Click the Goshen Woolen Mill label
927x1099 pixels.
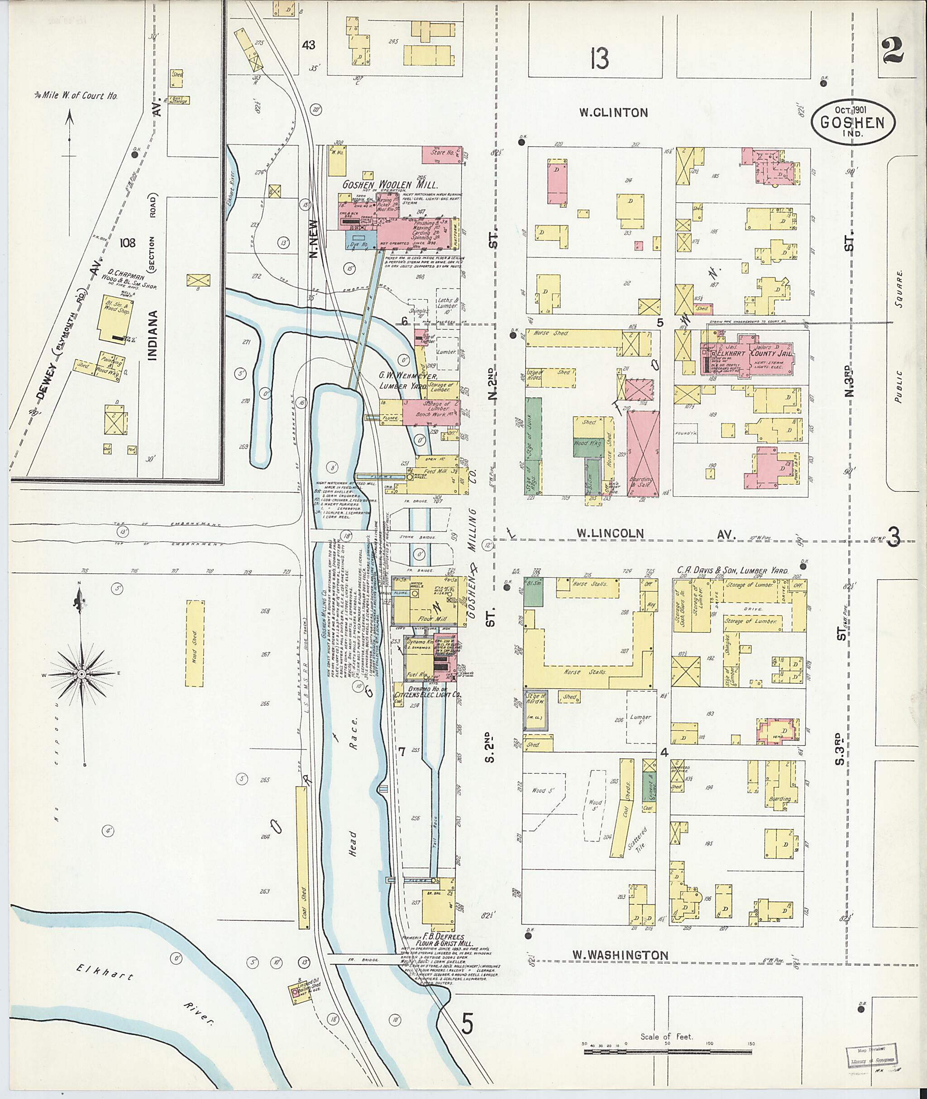point(391,185)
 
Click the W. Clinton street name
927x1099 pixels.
point(613,112)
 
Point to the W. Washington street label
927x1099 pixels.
point(620,955)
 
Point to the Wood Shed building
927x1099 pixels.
point(195,643)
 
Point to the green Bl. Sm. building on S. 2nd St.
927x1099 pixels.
point(533,593)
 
